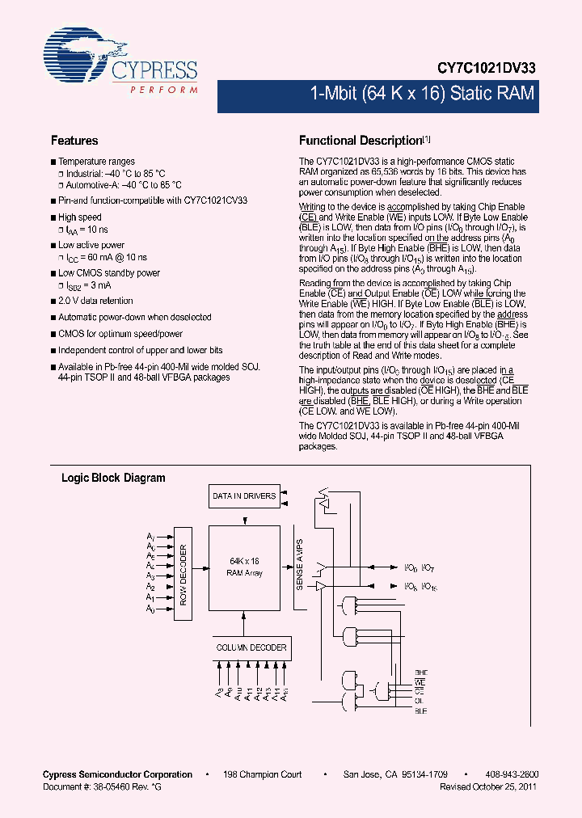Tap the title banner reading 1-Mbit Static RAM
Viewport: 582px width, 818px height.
[x=422, y=94]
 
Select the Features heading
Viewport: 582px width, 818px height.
[x=74, y=141]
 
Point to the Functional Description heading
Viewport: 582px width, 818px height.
[x=361, y=141]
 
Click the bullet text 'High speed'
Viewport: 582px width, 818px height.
[x=80, y=217]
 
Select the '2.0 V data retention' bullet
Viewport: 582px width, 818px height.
[x=95, y=301]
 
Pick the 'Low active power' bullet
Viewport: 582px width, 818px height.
[x=91, y=245]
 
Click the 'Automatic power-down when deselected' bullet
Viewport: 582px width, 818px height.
[x=134, y=317]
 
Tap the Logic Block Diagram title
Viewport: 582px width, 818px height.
[x=113, y=478]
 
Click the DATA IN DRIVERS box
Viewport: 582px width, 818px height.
[x=243, y=496]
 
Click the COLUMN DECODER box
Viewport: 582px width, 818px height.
[x=251, y=647]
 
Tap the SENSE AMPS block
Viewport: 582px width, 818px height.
[x=300, y=564]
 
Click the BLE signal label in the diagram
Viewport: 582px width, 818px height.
[x=421, y=711]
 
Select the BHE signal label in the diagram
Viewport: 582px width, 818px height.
[x=421, y=673]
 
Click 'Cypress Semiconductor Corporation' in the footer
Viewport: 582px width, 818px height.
[x=117, y=774]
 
